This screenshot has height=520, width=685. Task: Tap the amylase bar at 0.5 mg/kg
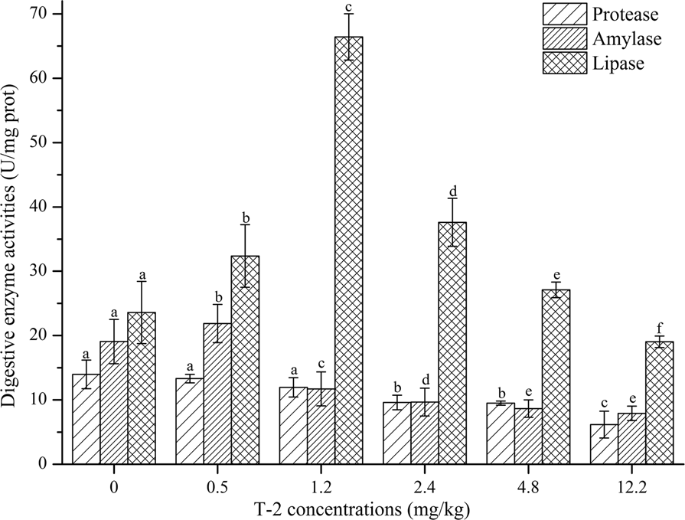pyautogui.click(x=217, y=394)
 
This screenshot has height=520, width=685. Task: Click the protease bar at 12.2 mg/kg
pyautogui.click(x=604, y=444)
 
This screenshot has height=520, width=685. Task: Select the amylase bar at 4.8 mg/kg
pyautogui.click(x=528, y=436)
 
